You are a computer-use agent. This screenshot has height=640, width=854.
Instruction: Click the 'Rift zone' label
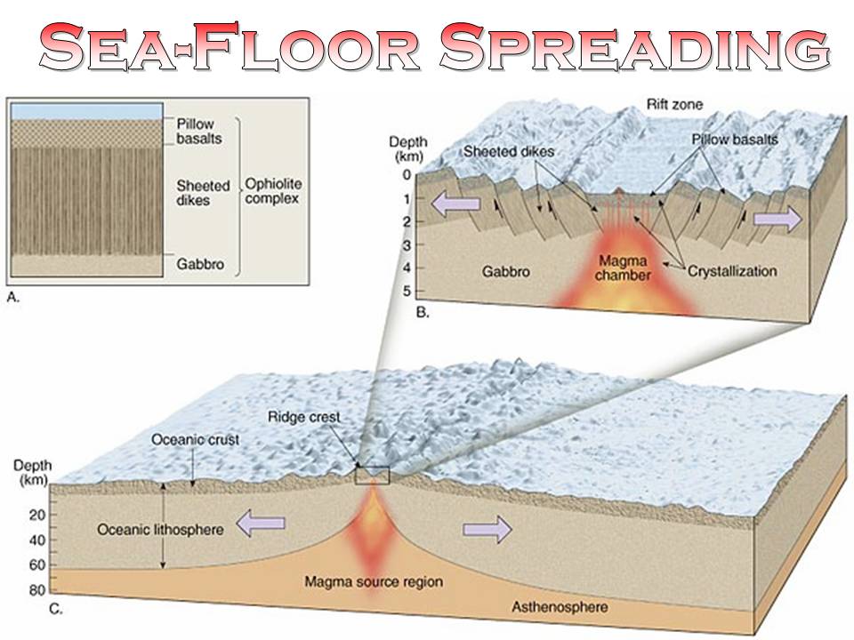(673, 105)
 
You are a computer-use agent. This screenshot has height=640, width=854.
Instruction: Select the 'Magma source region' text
(374, 583)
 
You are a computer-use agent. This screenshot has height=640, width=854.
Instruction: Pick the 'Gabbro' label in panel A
(198, 265)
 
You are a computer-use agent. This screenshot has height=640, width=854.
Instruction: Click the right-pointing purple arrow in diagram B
(777, 219)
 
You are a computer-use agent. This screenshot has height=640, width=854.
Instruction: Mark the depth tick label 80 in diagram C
(36, 589)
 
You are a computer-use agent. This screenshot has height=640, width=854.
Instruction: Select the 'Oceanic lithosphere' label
(159, 530)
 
